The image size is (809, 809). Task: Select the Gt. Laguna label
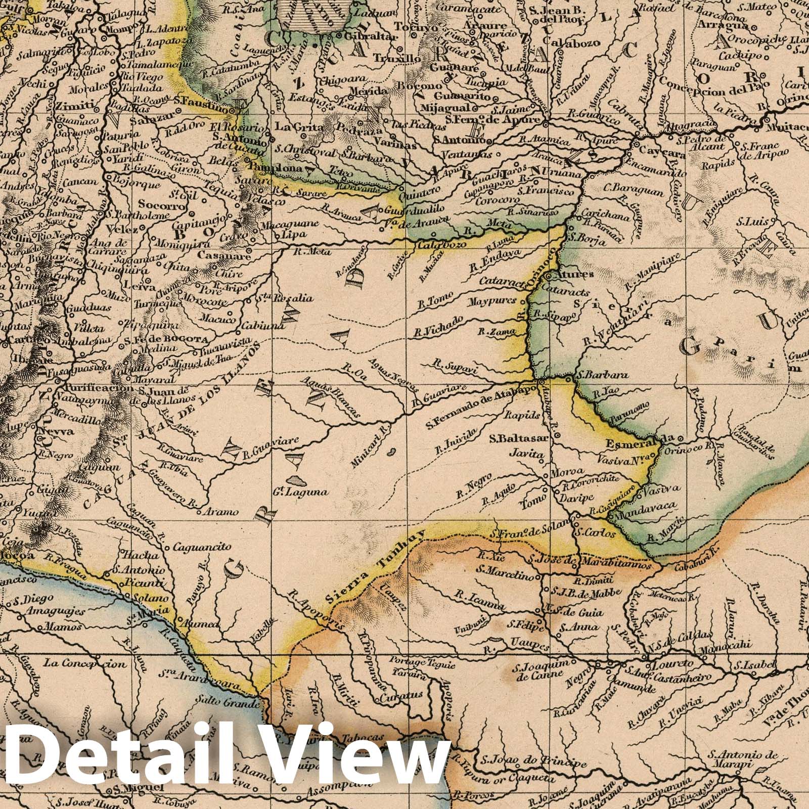click(x=307, y=491)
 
